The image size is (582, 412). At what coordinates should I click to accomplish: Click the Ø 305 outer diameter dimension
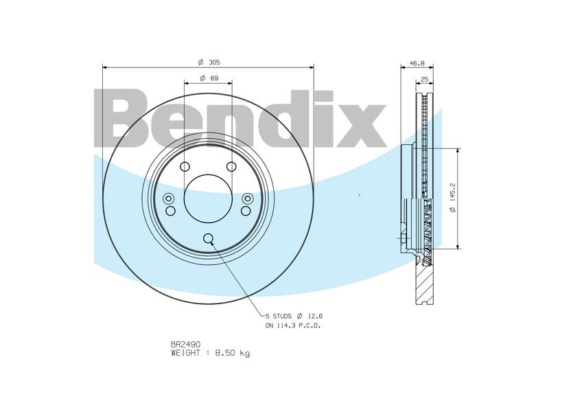click(209, 62)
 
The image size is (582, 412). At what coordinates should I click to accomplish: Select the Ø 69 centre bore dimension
click(209, 78)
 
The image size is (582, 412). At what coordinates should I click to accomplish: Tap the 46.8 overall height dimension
click(417, 63)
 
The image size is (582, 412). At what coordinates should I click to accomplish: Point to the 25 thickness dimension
click(425, 79)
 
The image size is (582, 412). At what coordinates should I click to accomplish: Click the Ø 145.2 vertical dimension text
click(452, 198)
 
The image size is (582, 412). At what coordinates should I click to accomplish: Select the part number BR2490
click(185, 345)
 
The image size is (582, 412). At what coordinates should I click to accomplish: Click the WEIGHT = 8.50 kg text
click(211, 353)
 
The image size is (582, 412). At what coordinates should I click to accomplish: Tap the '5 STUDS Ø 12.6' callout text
click(294, 316)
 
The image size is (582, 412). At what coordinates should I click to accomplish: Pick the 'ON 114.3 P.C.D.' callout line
click(292, 325)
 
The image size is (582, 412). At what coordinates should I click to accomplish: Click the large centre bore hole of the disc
click(208, 198)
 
